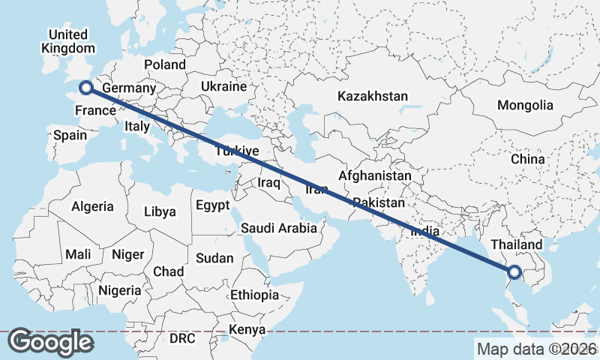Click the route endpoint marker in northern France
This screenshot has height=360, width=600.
tap(85, 88)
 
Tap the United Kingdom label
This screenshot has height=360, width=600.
tap(67, 41)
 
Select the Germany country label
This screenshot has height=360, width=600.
tap(128, 88)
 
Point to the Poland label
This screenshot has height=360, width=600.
tap(165, 65)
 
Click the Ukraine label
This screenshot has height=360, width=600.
tap(223, 87)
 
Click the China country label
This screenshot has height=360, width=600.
tap(527, 160)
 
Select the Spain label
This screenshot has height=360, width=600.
tap(70, 136)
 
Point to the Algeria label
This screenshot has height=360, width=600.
tap(93, 206)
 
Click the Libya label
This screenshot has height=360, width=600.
tap(160, 211)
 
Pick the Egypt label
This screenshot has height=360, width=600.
tap(214, 205)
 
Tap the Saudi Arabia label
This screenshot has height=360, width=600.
tap(279, 229)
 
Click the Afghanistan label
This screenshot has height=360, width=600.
tap(374, 176)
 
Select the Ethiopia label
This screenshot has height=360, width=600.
tap(255, 295)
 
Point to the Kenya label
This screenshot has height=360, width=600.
tap(247, 330)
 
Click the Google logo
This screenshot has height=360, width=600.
tap(50, 342)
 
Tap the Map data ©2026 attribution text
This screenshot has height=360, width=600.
tap(537, 349)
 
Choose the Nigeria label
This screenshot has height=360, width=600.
tap(120, 290)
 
